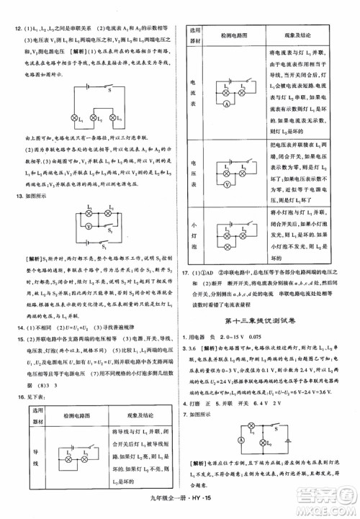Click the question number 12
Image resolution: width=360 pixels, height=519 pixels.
pyautogui.click(x=13, y=27)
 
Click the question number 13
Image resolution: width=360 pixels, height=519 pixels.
pyautogui.click(x=13, y=196)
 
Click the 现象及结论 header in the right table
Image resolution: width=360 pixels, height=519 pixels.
pyautogui.click(x=294, y=34)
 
